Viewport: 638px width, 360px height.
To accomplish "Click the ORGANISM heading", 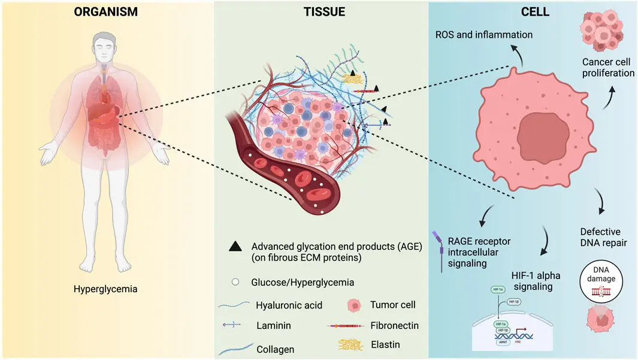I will click(107, 12).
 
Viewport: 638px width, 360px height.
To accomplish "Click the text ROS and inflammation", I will click(483, 35).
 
